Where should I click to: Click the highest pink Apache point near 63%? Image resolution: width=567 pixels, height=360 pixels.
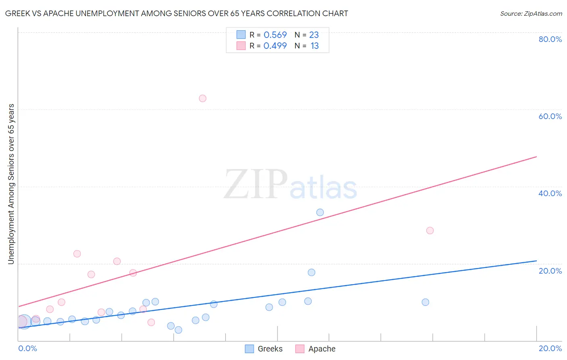202,98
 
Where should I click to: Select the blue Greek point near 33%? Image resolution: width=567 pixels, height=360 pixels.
320,212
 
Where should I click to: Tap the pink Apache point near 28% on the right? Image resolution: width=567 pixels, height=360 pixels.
430,230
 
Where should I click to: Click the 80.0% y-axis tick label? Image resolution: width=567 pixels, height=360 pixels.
550,39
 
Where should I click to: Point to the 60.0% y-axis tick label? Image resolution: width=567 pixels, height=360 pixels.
550,116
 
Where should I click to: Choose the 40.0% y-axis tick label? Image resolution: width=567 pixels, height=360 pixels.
550,193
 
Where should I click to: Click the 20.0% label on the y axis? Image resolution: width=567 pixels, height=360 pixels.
550,271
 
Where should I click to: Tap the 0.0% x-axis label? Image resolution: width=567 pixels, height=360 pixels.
27,348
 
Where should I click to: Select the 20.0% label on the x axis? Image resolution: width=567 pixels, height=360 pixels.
550,348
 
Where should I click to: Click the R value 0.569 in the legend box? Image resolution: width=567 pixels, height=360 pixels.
275,35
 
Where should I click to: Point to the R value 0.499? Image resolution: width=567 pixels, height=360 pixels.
275,46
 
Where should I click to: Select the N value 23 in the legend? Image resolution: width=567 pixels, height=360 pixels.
314,35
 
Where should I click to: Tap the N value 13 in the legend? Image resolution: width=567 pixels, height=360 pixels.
315,46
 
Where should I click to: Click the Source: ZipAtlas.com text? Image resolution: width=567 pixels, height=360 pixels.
531,14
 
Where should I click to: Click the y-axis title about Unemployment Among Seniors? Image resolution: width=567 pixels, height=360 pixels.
11,184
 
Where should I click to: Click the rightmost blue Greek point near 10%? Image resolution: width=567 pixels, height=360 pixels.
425,302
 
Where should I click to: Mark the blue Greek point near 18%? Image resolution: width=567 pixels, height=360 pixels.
311,272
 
